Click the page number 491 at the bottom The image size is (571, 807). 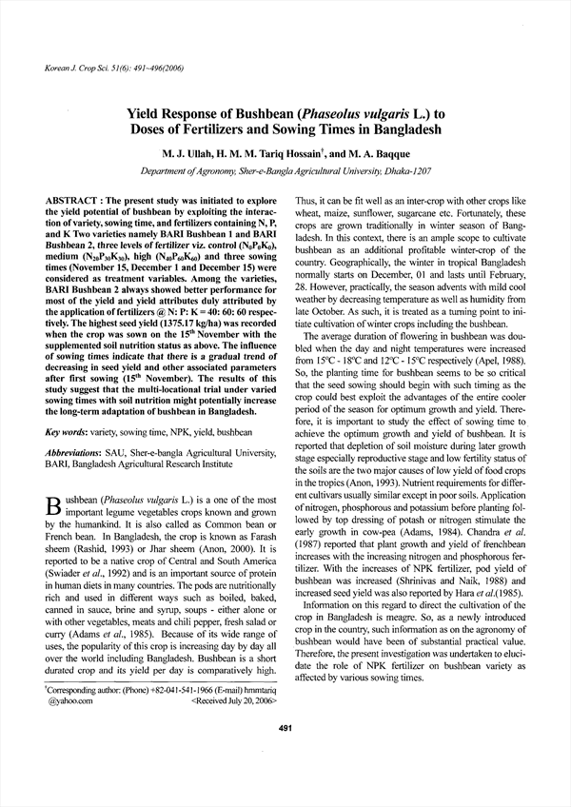[285, 756]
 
